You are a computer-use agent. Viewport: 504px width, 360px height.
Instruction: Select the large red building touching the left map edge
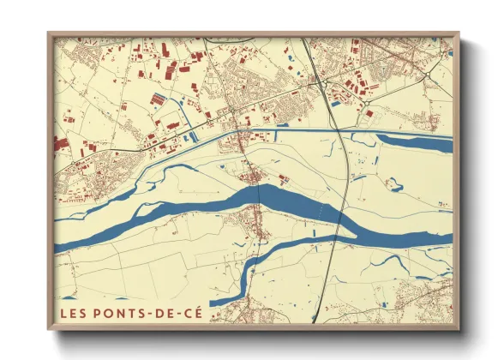tap(60, 142)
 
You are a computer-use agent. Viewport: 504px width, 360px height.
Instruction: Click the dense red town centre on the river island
tap(255, 177)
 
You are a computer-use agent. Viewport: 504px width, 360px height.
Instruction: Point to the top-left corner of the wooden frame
tap(48, 33)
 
